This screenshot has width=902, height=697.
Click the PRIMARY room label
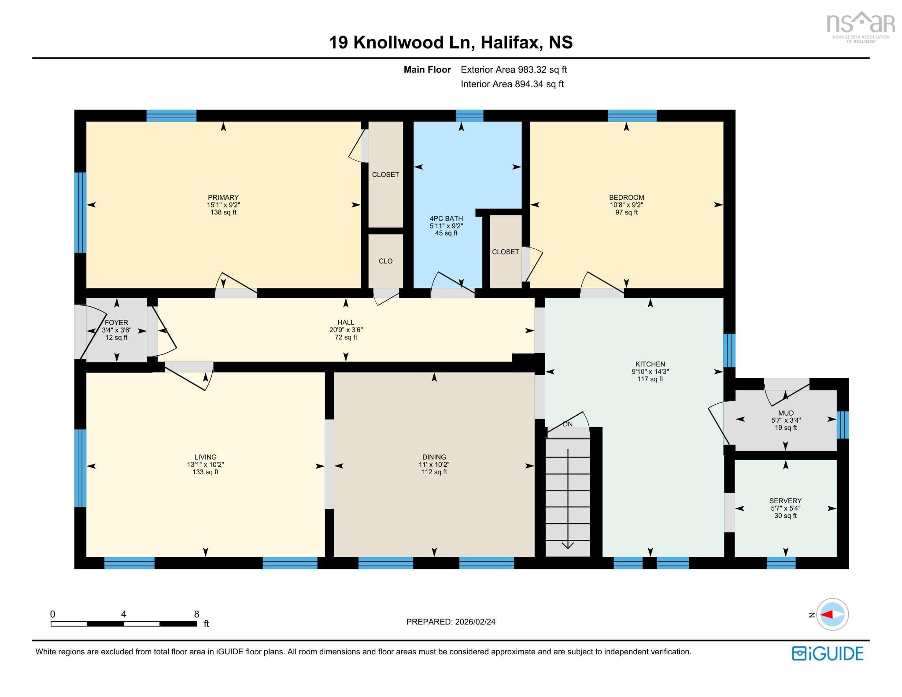223,197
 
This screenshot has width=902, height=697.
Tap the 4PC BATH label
446,218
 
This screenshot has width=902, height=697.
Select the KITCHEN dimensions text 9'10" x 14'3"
650,372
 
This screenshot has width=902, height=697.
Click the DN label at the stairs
568,424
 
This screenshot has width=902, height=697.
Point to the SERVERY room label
785,501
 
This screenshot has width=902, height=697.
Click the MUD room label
786,413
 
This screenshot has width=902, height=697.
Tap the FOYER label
116,322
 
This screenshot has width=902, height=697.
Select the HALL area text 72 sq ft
346,337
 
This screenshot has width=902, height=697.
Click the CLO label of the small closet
385,261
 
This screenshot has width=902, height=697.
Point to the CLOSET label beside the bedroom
505,252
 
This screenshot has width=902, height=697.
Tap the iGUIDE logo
828,653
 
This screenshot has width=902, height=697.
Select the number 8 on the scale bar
196,614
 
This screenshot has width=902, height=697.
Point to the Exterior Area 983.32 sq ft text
514,70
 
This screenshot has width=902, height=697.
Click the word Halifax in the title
511,42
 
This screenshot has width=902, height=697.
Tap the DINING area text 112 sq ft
434,472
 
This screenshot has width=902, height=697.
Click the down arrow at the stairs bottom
568,545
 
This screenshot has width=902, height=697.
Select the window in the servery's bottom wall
781,563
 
